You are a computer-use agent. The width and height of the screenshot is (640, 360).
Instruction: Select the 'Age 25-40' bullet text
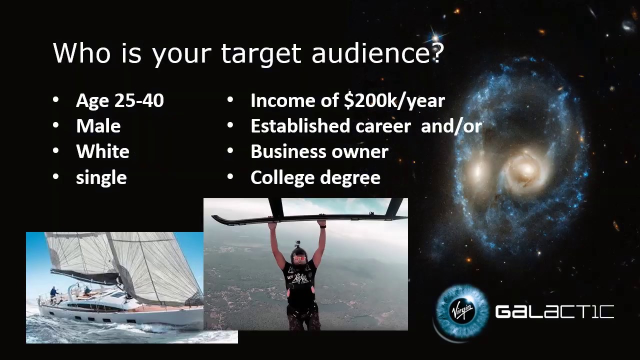point(119,100)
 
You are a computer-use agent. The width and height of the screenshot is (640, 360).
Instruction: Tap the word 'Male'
point(98,126)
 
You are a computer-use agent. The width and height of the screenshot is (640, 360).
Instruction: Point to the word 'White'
point(102,151)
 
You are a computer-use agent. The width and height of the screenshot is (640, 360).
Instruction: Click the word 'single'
point(101,177)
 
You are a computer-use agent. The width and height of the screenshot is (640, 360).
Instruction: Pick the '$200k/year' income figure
point(394,100)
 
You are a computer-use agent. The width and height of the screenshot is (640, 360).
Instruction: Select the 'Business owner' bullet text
point(319,151)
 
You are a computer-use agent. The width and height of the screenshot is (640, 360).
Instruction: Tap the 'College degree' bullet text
point(315,177)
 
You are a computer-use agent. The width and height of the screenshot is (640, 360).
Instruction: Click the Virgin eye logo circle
point(461,312)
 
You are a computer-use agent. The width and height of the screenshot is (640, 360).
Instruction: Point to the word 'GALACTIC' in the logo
point(554,312)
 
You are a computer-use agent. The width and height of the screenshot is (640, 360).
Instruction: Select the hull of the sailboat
point(120,315)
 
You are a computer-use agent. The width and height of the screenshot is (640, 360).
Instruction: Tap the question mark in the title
point(437,53)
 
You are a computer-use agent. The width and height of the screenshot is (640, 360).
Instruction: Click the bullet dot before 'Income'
point(230,100)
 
